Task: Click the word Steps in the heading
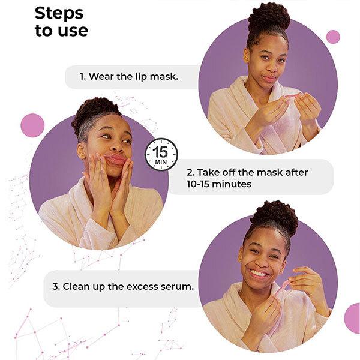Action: (59, 13)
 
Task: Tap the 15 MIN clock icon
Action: (161, 154)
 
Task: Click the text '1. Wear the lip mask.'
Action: (129, 77)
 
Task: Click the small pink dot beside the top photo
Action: (333, 37)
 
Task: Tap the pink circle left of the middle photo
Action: (32, 125)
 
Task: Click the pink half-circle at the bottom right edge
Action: (353, 317)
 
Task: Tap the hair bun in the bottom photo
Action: (274, 217)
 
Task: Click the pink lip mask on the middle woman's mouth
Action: (115, 160)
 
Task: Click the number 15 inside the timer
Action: (161, 150)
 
